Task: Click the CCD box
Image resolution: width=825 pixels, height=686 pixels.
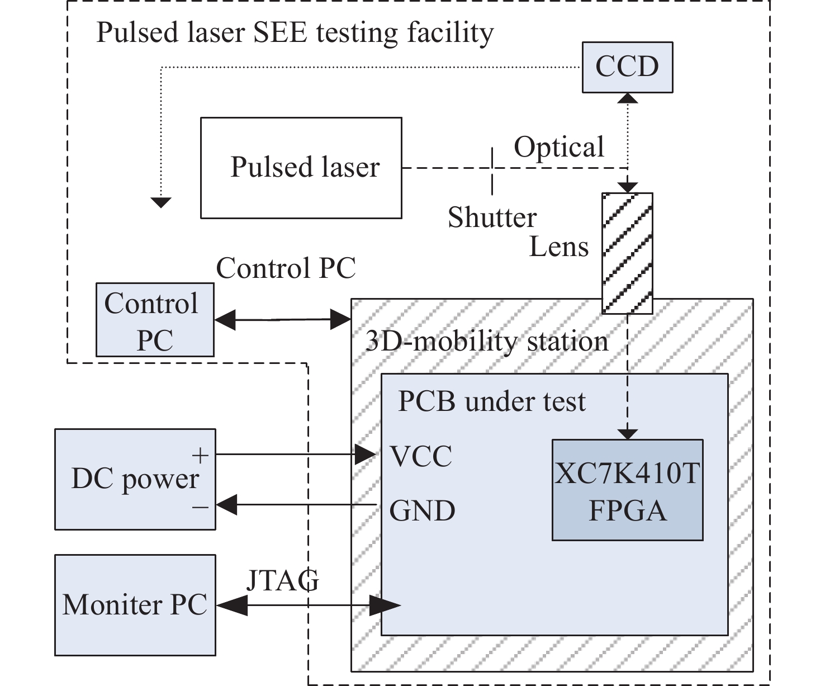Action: (x=627, y=67)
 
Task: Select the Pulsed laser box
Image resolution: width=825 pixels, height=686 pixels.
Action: (x=301, y=167)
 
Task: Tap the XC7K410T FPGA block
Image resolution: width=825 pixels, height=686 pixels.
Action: (x=627, y=490)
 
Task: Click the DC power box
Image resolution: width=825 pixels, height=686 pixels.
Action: (x=135, y=479)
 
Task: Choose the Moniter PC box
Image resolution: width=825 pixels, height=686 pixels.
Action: (x=135, y=604)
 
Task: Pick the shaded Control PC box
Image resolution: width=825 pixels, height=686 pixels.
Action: (x=155, y=320)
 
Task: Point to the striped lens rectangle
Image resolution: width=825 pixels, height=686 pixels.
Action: (x=627, y=253)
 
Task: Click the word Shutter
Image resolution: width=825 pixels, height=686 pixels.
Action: (x=492, y=217)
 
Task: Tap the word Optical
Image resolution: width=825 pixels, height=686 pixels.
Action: (x=559, y=148)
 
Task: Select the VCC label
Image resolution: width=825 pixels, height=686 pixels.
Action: (x=421, y=456)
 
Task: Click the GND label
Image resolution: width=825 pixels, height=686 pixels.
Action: (x=422, y=510)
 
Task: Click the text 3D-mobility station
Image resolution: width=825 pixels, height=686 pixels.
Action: (x=486, y=341)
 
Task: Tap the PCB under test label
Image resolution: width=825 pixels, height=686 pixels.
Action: (x=491, y=401)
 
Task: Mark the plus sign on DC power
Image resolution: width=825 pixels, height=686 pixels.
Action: (x=200, y=456)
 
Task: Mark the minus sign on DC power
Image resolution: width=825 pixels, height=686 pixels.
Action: (x=200, y=507)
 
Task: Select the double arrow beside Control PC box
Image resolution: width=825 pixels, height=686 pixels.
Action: (x=282, y=320)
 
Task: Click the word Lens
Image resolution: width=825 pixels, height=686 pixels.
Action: (x=559, y=247)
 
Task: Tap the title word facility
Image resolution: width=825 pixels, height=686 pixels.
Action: (x=450, y=32)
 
